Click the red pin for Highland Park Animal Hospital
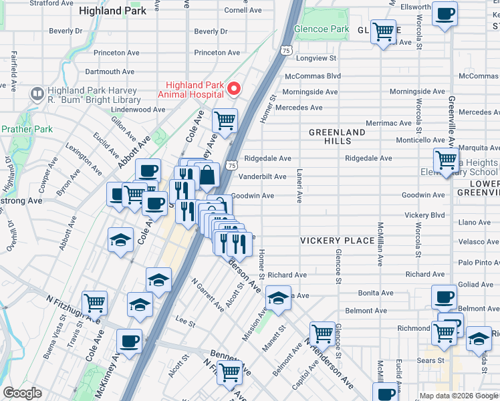point(234,89)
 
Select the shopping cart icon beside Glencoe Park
point(384,31)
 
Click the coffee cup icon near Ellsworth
point(445,13)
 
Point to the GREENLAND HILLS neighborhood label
point(337,137)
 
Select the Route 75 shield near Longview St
point(286,51)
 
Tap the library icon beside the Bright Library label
point(37,95)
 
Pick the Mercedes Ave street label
point(299,108)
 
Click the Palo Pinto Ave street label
point(479,263)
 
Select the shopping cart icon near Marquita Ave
point(446,160)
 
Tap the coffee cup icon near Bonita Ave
point(443,296)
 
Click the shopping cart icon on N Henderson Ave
point(322,332)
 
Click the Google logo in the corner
point(22,393)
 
